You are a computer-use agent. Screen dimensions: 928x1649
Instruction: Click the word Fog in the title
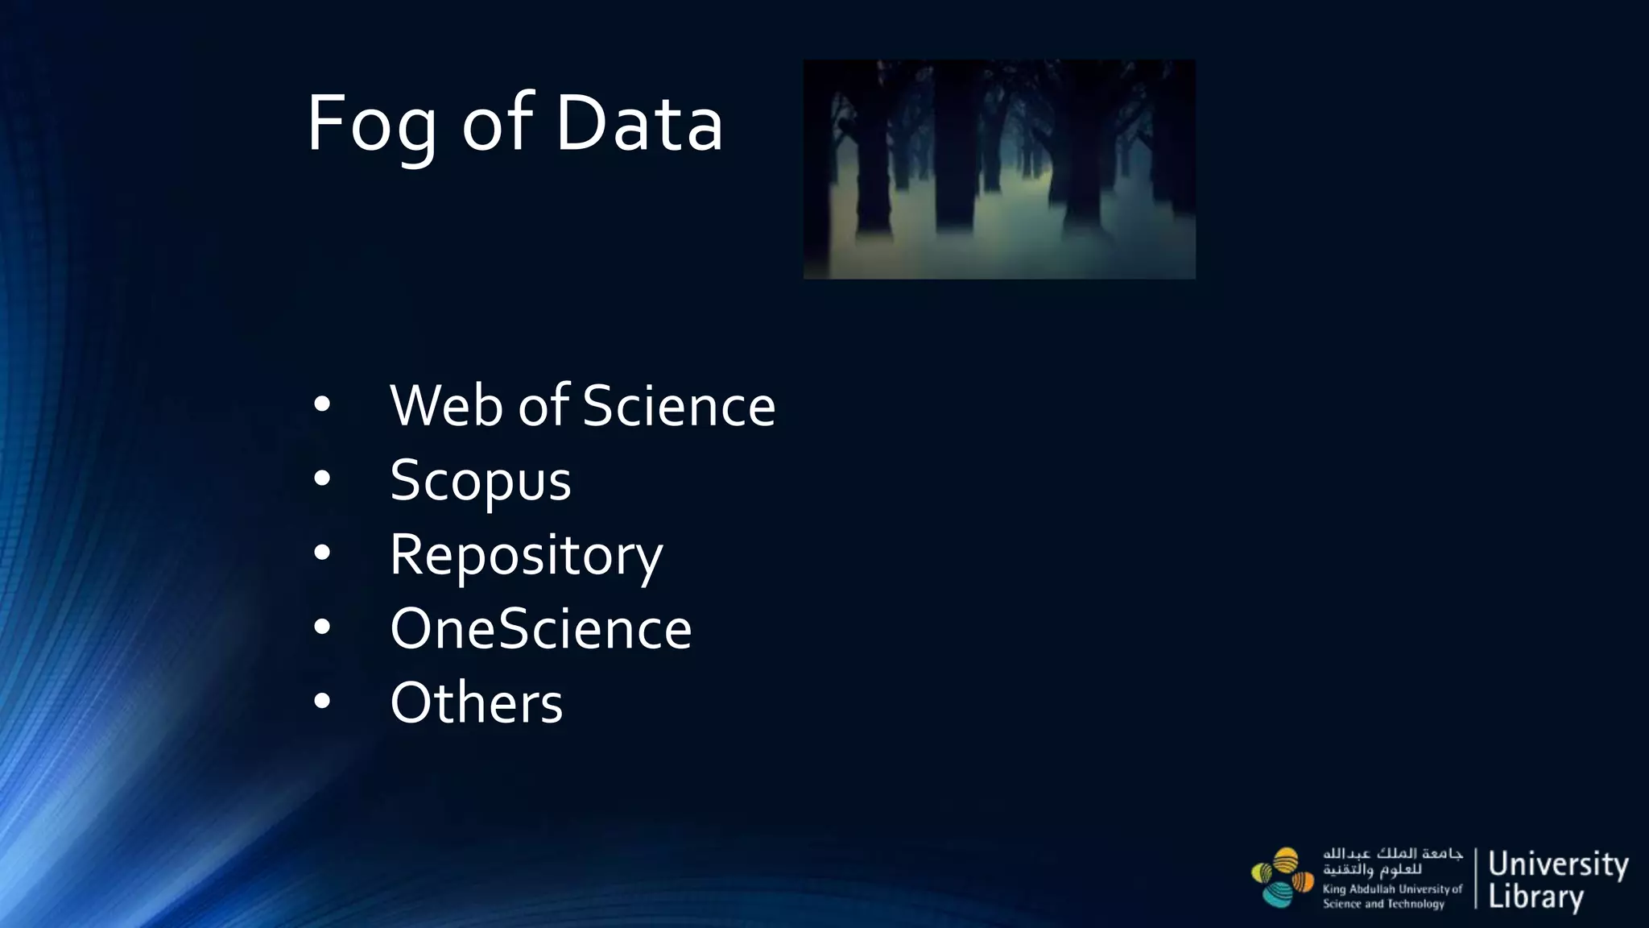(x=371, y=125)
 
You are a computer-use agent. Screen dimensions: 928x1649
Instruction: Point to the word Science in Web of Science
(x=679, y=405)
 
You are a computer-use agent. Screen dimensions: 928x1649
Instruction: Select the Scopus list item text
(x=481, y=481)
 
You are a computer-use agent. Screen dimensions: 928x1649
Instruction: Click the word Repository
(x=527, y=556)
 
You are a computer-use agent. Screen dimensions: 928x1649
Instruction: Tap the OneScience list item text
(x=541, y=629)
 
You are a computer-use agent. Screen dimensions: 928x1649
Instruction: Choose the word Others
(x=477, y=703)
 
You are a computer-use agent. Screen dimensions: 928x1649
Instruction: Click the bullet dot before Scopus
(x=322, y=478)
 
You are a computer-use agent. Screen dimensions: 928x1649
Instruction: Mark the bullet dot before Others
(x=322, y=702)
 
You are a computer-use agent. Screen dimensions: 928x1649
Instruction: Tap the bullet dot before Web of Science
(x=322, y=404)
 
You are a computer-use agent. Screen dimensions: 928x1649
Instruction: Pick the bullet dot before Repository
(x=322, y=553)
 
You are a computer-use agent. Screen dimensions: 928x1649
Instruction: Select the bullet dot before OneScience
(x=322, y=627)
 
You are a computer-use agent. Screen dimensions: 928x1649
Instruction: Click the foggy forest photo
(x=999, y=169)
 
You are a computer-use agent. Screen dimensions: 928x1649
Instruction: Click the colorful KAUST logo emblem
(x=1283, y=878)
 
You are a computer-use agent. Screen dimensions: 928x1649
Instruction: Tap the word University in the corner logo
(x=1558, y=864)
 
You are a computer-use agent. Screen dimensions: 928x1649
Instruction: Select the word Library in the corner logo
(x=1535, y=897)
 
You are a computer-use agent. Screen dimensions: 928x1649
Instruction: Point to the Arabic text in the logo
(x=1392, y=861)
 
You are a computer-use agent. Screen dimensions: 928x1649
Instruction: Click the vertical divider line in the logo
(x=1476, y=878)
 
